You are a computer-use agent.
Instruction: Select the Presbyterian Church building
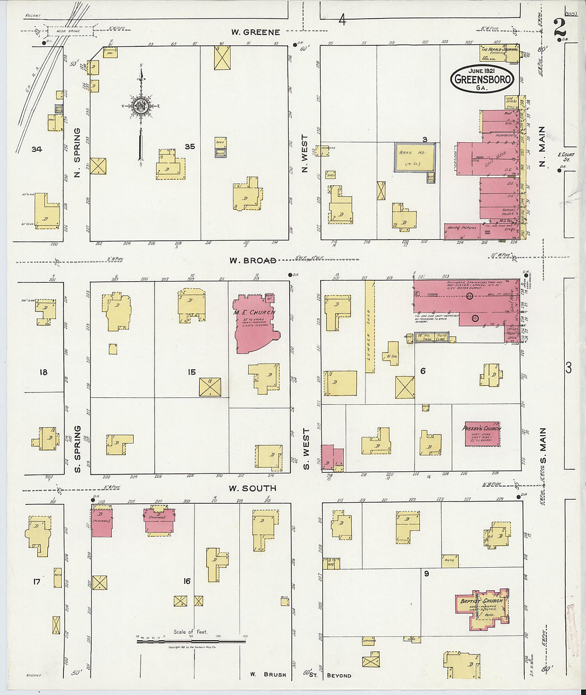pos(482,434)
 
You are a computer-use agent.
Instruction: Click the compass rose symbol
pos(141,105)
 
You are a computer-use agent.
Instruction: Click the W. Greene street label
pos(255,32)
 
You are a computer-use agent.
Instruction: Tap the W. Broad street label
pos(253,260)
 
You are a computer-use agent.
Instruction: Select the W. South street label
pos(253,488)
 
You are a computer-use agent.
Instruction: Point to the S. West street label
pos(306,443)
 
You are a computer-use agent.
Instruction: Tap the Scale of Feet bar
pos(191,641)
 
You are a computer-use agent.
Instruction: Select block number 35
pos(190,146)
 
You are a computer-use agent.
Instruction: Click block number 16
pos(186,581)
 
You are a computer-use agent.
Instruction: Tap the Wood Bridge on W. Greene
pos(69,31)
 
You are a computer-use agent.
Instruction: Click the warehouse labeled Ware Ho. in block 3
pos(414,157)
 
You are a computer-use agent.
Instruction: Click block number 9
pos(426,574)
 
